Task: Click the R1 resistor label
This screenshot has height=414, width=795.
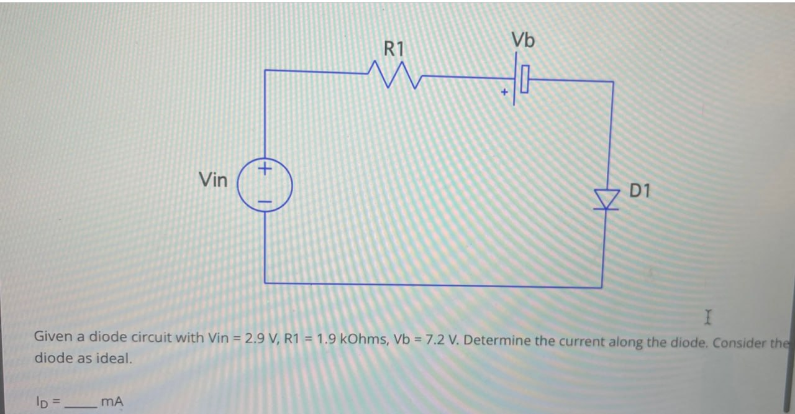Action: (x=394, y=48)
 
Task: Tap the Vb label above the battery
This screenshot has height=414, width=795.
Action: (x=523, y=40)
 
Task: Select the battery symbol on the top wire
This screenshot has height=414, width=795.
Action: (x=521, y=80)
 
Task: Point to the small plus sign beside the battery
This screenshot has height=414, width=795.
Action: (x=505, y=92)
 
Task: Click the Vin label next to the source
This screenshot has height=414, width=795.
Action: (x=213, y=180)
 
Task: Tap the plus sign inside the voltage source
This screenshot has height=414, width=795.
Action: (x=265, y=168)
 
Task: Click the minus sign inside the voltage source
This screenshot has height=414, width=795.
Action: (x=265, y=201)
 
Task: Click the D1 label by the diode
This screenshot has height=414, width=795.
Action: (x=640, y=191)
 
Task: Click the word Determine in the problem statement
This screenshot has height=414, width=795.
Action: (x=492, y=341)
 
